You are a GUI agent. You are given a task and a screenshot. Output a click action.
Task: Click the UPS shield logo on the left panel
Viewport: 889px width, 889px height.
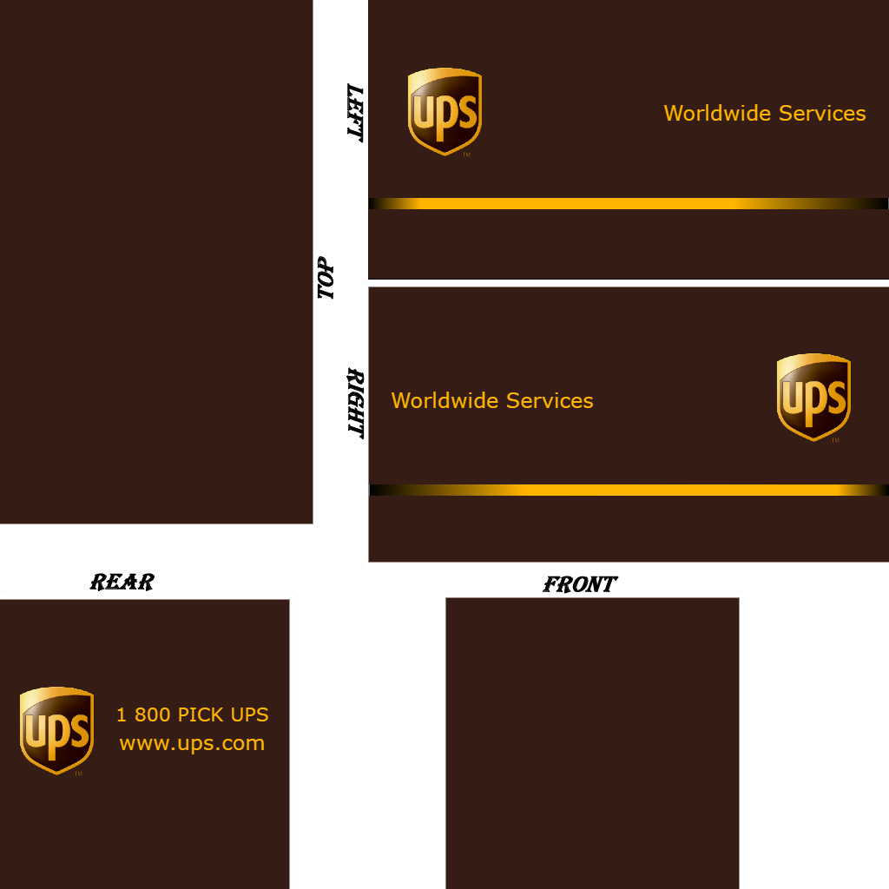tap(444, 112)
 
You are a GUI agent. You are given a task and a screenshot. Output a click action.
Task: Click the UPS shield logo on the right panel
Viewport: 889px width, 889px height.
tap(813, 397)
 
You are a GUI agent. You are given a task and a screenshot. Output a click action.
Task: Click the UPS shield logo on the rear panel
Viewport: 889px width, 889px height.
tap(56, 730)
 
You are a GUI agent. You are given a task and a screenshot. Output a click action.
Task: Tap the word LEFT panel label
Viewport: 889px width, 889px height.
tap(354, 113)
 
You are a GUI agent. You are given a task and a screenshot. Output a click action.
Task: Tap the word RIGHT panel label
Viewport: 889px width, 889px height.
tap(355, 403)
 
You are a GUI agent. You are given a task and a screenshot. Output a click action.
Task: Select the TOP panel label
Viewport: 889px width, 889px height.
tap(326, 278)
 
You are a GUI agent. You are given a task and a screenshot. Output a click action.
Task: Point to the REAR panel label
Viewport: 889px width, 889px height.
tap(122, 582)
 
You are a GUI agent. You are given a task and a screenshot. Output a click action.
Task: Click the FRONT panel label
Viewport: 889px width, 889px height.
tap(580, 585)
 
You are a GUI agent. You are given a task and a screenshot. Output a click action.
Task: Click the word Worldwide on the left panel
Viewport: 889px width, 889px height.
tap(718, 114)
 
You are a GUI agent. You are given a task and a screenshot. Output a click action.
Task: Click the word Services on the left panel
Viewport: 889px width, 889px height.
tap(822, 114)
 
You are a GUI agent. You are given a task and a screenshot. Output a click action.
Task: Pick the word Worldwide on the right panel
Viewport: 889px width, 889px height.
tap(445, 401)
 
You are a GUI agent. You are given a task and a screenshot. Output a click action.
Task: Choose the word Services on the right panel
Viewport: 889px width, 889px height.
tap(550, 401)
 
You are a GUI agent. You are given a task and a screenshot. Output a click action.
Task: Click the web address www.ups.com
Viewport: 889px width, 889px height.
tap(192, 744)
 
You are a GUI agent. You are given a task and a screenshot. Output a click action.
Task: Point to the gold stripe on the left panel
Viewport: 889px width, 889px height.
tap(629, 203)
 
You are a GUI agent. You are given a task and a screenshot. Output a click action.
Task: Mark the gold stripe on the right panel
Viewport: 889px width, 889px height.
tap(629, 490)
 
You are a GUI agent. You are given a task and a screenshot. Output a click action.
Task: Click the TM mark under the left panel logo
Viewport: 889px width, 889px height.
tap(466, 155)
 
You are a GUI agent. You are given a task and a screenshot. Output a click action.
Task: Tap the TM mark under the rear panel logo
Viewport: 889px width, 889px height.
tap(78, 774)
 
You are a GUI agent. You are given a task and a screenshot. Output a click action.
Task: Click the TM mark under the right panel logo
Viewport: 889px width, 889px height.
tap(835, 440)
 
